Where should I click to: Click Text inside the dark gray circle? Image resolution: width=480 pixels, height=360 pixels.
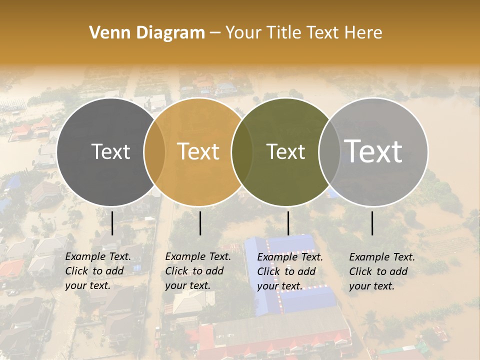(110, 151)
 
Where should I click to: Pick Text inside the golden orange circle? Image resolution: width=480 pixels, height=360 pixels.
(198, 151)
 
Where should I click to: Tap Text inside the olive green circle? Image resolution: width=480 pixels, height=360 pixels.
(286, 151)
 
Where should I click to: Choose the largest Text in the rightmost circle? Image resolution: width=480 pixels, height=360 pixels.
(373, 151)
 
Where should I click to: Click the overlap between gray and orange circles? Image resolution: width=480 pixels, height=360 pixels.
(154, 151)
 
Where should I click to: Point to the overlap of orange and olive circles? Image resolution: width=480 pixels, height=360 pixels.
(242, 151)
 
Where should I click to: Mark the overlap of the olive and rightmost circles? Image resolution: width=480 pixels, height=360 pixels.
(328, 151)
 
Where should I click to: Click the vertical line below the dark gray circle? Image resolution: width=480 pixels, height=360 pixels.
(112, 223)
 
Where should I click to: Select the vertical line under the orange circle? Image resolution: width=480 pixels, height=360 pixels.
(200, 223)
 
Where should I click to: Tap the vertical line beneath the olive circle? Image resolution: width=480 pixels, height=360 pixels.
(288, 223)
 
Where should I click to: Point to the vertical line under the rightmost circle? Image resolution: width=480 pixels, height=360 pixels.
(372, 223)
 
